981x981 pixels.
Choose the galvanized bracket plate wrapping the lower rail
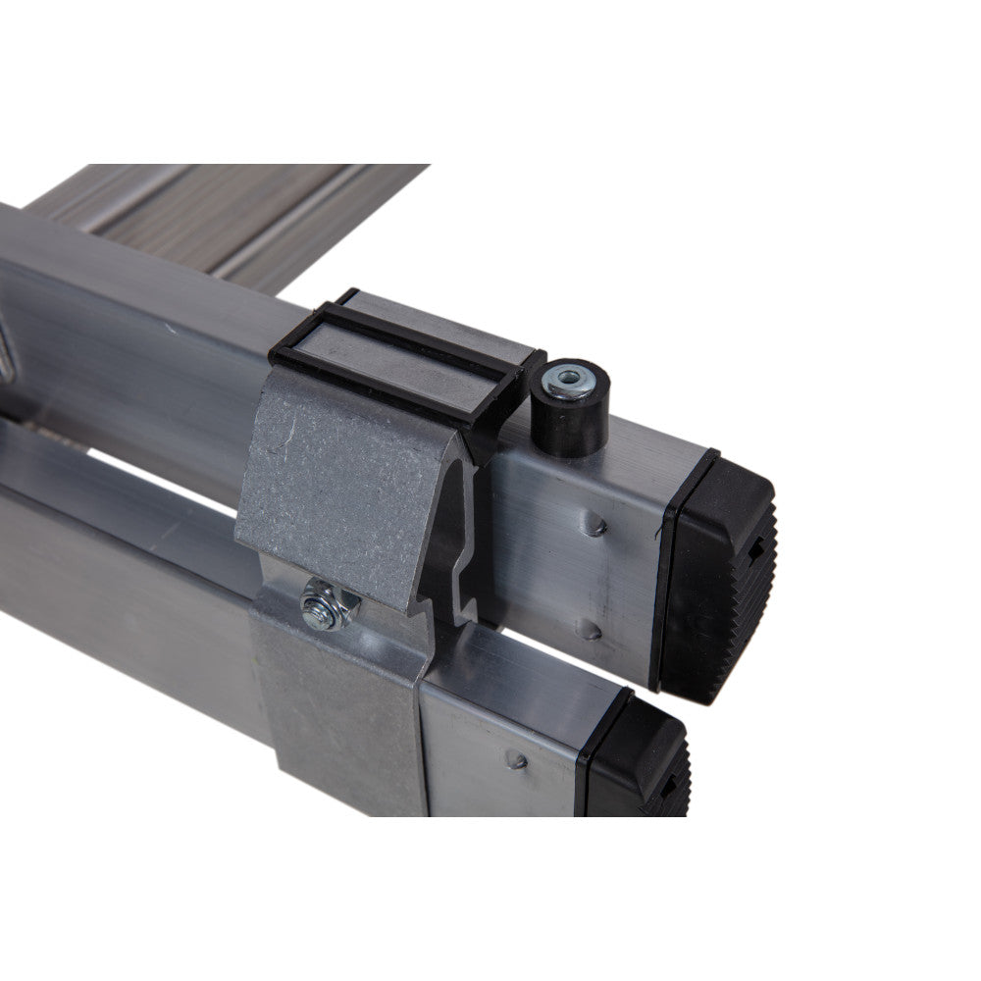coord(338,716)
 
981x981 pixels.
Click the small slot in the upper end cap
coord(753,550)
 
